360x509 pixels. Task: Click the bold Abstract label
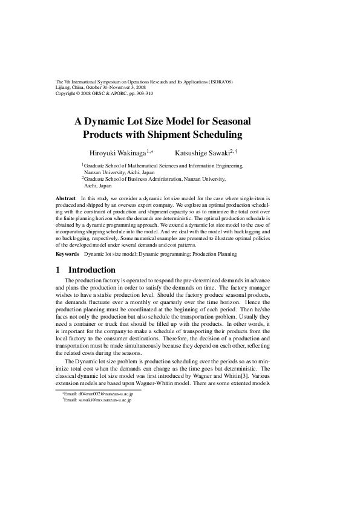(x=65, y=198)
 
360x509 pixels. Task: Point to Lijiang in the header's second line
(x=64, y=88)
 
